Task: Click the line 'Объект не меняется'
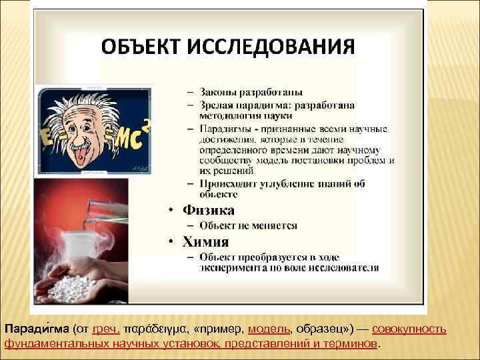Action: tap(247, 226)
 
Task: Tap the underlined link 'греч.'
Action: tap(106, 330)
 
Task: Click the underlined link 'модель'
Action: tap(269, 330)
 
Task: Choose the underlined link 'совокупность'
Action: tap(409, 330)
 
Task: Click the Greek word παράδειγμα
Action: tap(156, 330)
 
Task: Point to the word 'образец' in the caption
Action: tap(317, 330)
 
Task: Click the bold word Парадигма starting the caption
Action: tap(37, 330)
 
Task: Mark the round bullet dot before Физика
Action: tap(171, 211)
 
